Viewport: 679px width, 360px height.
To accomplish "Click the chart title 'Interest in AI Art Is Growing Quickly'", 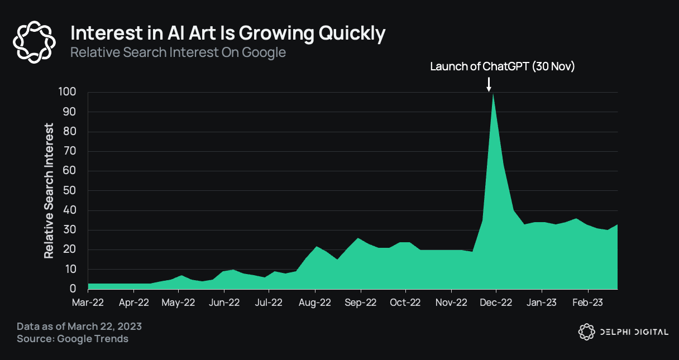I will tap(228, 34).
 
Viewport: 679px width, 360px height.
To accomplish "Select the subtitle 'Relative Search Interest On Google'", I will tap(178, 53).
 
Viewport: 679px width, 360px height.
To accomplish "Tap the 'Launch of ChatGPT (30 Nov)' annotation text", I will tap(503, 66).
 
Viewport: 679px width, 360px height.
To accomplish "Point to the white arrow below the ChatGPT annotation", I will tap(489, 84).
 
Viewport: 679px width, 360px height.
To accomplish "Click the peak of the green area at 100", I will tap(492, 94).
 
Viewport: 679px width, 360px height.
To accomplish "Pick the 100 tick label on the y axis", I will tap(67, 92).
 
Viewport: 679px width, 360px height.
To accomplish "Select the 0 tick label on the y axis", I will tap(73, 289).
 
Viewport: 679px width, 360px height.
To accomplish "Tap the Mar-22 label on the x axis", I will tap(88, 303).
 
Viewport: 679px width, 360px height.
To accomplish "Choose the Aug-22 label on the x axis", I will tap(315, 303).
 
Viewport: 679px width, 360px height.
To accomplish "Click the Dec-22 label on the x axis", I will tap(496, 303).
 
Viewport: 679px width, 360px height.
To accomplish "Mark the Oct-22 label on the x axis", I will tap(405, 303).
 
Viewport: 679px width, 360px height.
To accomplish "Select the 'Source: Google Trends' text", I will tap(73, 339).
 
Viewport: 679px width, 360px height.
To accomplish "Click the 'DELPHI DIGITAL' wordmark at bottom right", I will tap(634, 332).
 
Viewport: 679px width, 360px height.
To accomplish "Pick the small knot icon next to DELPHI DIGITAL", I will tap(586, 332).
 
